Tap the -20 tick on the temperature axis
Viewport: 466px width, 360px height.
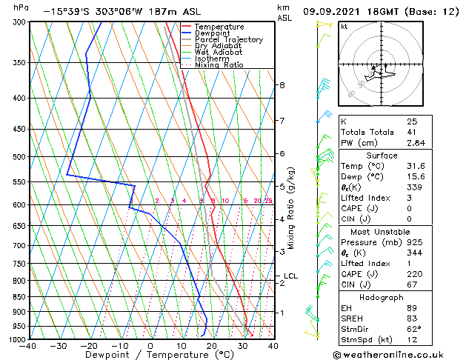89,346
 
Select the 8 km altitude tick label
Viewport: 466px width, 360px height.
282,85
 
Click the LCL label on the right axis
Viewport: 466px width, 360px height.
290,276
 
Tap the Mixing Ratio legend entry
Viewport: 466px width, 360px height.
219,64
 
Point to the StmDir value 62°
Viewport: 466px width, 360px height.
414,328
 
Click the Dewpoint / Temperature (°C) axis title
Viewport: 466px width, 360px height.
150,355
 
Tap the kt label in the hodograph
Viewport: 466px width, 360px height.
344,26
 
